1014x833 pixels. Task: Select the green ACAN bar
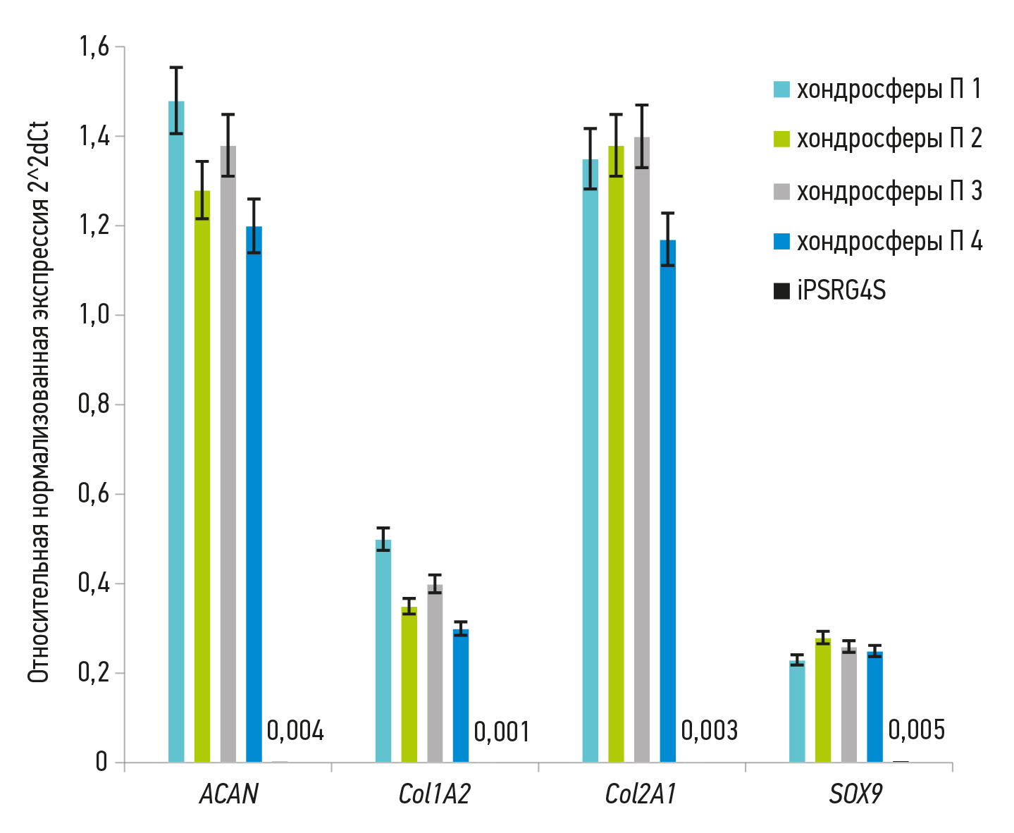[202, 476]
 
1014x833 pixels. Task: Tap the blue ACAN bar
[254, 494]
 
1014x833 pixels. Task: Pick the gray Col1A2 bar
[435, 673]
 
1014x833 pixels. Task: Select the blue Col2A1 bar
[667, 501]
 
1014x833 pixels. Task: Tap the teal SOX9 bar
[797, 711]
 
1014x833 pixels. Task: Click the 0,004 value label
[295, 731]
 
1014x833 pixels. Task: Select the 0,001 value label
[502, 732]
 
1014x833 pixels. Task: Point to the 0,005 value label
[916, 730]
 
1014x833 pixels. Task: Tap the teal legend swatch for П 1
[781, 90]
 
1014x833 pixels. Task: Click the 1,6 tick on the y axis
[94, 47]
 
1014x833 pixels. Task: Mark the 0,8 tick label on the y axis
[94, 405]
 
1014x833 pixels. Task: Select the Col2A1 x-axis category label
[641, 795]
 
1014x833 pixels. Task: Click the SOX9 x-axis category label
[855, 795]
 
